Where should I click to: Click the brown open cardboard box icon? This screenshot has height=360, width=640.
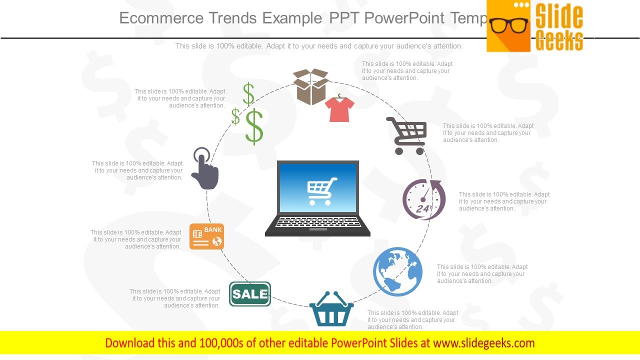[x=310, y=86]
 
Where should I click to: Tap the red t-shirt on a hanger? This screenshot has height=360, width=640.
[x=339, y=109]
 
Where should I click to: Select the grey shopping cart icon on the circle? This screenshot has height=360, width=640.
[x=407, y=135]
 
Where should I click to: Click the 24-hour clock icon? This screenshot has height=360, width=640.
[x=424, y=199]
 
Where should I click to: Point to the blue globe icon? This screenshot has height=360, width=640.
[x=397, y=271]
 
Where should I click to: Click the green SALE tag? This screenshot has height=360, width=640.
[x=250, y=294]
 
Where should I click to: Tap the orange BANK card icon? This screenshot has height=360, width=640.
[x=206, y=236]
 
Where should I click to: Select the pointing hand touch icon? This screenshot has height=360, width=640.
[x=205, y=169]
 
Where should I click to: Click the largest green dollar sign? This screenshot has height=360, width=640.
[x=254, y=127]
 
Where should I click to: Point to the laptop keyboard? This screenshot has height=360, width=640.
[x=317, y=221]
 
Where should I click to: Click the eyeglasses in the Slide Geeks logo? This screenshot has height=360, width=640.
[x=508, y=25]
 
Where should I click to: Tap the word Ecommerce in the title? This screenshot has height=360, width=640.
[x=161, y=18]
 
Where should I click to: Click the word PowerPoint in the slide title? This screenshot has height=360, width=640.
[x=404, y=18]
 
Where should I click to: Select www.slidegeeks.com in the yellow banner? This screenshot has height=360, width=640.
[x=483, y=343]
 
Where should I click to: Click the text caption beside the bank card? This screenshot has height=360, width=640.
[x=136, y=239]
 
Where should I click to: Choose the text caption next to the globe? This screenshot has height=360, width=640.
[x=482, y=274]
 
